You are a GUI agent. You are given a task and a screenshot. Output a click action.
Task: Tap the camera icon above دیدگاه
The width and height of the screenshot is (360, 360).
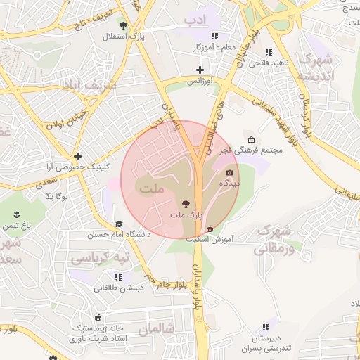coord(229,172)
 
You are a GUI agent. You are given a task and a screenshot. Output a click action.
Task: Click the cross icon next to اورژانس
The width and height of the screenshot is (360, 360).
coord(200,70)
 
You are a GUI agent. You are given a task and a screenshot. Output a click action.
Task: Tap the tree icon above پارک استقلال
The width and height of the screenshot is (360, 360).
coord(124,26)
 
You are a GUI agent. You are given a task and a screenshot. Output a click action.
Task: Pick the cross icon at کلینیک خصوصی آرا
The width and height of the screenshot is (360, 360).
coord(77,156)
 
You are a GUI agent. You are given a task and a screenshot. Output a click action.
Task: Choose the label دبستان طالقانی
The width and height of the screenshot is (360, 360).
coord(118,288)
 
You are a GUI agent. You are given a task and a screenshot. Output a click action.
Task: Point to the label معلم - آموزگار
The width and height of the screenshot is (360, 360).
coord(210,46)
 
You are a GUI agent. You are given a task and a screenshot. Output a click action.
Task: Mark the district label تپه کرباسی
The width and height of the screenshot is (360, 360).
coord(101,258)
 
